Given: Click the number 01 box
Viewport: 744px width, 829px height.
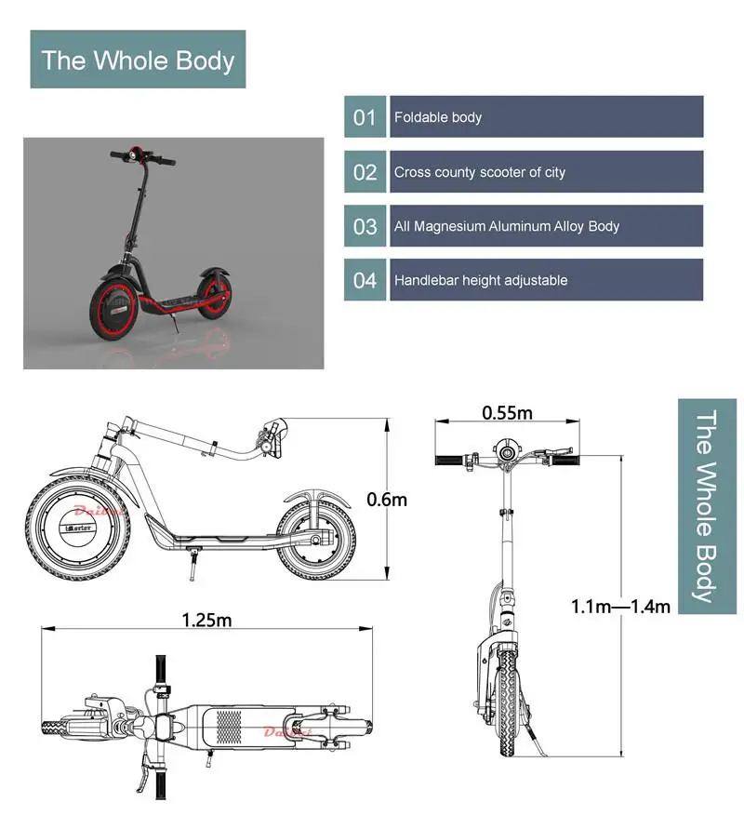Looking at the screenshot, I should point(365,117).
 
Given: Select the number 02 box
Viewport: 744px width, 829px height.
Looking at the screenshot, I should point(365,172).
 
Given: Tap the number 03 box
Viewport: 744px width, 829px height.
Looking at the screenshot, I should point(365,226).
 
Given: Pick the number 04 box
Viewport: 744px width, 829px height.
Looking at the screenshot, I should point(365,280).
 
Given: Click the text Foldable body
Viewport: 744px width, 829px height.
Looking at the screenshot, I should point(438,118).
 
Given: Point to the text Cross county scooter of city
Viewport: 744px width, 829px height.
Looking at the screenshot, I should point(479,172).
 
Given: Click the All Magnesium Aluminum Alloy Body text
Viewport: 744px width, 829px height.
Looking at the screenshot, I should point(506,226).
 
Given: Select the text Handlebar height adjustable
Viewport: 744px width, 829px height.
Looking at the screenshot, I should point(480,280).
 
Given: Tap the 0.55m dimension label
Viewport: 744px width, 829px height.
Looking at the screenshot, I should point(507,411).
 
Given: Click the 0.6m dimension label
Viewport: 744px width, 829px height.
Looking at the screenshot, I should point(387,500).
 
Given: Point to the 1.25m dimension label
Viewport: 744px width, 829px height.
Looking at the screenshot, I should point(206,620).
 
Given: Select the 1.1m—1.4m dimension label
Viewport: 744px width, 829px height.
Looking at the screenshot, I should point(620,607).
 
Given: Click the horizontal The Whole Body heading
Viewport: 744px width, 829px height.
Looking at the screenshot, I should point(138,60).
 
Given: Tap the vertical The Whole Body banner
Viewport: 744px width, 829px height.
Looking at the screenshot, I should point(707,506).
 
